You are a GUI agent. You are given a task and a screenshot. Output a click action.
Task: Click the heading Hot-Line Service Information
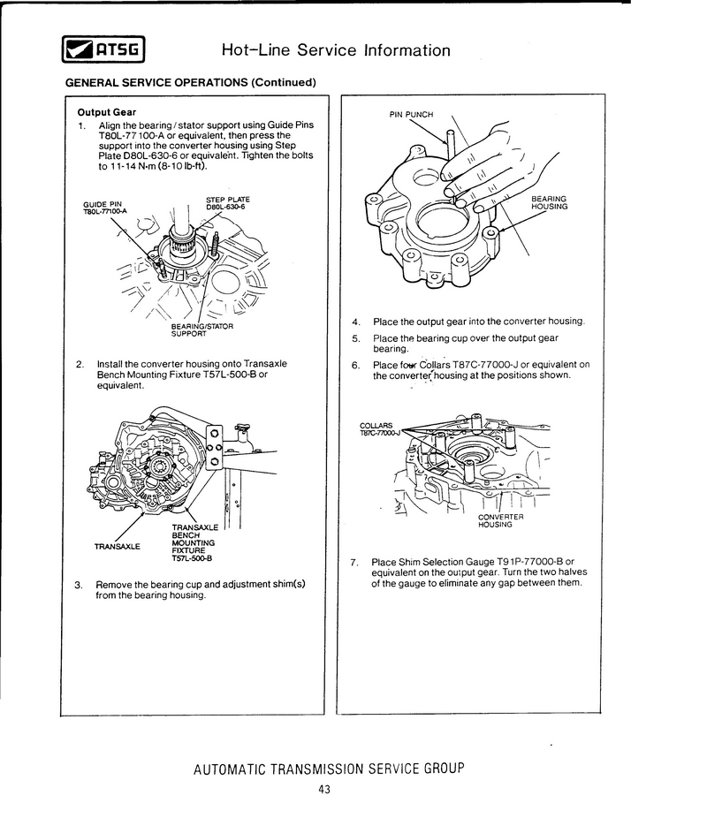coord(336,49)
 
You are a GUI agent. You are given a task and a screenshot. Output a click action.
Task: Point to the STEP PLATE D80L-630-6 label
coord(228,203)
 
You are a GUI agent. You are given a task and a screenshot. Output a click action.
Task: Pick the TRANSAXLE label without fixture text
coord(118,546)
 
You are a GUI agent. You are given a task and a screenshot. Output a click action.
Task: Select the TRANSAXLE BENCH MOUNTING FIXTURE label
coord(192,543)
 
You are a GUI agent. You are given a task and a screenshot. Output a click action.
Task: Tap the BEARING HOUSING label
coord(548,202)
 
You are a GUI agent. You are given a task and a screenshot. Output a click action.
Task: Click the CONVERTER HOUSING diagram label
coord(500,520)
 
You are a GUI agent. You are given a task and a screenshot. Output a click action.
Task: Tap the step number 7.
coord(353,562)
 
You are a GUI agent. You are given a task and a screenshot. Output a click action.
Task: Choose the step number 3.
coord(79,585)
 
